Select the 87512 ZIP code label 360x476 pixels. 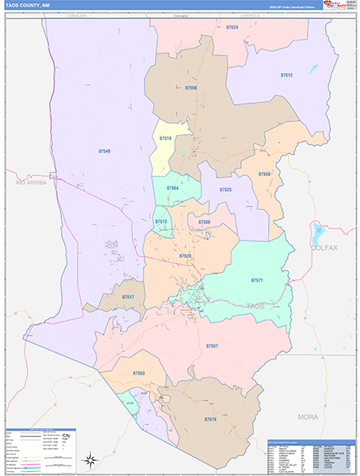(286, 75)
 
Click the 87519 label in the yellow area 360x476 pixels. (165, 139)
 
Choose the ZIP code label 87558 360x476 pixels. (264, 174)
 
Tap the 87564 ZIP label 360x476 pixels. (172, 188)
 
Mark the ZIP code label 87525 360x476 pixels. (225, 190)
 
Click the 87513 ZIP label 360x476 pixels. (160, 221)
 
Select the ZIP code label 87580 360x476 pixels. (205, 222)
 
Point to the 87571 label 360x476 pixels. (256, 281)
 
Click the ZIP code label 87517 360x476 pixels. (128, 297)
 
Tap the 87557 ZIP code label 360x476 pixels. (212, 347)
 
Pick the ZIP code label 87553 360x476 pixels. (139, 373)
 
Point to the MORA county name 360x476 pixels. (307, 416)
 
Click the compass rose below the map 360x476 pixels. (91, 459)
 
